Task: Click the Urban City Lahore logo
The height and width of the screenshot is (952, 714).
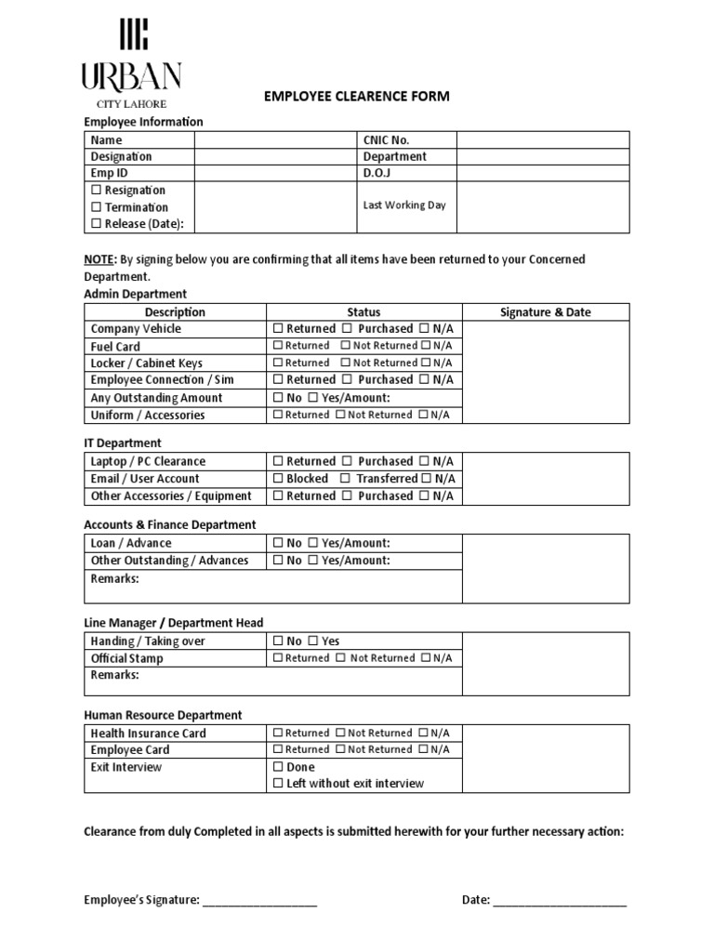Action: point(130,64)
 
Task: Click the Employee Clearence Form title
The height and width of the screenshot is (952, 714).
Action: point(357,97)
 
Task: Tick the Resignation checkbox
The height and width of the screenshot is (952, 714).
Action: point(96,191)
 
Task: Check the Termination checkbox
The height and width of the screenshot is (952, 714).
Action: point(96,207)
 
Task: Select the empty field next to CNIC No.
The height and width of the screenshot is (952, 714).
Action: point(542,139)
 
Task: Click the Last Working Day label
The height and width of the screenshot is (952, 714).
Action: point(404,205)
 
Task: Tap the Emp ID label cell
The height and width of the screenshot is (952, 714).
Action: point(139,173)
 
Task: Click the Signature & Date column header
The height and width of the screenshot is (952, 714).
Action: point(545,312)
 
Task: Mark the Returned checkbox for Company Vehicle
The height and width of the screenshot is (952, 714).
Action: point(279,329)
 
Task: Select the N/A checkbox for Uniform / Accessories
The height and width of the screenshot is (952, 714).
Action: point(424,416)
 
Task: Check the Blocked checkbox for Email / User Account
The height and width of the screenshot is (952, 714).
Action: point(279,479)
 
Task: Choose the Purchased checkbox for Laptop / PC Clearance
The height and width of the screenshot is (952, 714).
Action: point(347,462)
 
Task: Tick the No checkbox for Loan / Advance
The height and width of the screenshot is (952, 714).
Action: point(279,543)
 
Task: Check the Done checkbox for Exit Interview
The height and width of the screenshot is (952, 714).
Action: point(279,768)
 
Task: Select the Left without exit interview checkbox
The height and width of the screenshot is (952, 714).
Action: point(279,784)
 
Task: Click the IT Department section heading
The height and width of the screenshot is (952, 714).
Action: point(122,443)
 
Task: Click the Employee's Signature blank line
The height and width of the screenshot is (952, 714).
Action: point(259,901)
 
